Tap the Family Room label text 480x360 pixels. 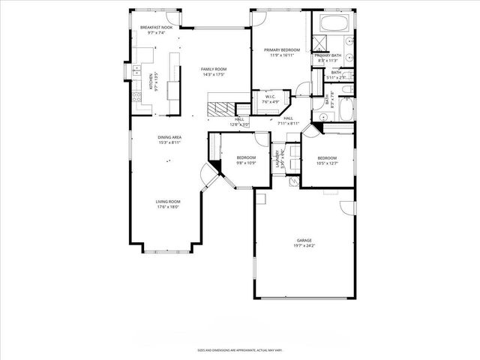tap(213, 69)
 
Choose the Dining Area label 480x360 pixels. tap(169, 137)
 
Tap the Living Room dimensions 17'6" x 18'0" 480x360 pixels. tap(168, 206)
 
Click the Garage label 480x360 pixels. tap(303, 241)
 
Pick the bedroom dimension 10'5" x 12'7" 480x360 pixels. tap(327, 163)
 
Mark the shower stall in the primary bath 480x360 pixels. tap(321, 43)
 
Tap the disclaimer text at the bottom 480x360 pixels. tap(239, 350)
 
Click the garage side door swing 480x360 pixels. tap(346, 208)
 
